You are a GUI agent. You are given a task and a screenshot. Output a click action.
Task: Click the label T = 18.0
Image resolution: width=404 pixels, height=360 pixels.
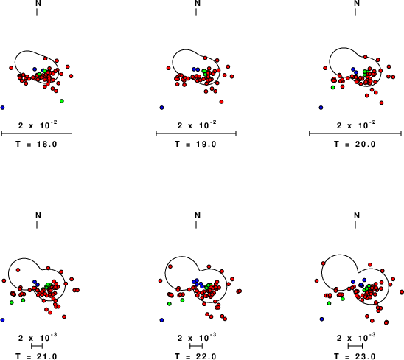click(36, 144)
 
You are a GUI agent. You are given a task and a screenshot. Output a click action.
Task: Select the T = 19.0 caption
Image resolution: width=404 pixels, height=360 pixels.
click(195, 144)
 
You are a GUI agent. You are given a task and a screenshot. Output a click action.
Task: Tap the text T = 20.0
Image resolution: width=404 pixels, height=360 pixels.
click(355, 144)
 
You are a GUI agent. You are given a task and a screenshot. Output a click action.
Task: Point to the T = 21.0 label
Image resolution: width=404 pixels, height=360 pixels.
click(36, 356)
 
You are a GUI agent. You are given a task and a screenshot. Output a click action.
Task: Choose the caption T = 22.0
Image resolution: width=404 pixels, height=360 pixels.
click(195, 356)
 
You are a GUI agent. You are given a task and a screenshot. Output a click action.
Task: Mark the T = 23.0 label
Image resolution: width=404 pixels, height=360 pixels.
click(355, 356)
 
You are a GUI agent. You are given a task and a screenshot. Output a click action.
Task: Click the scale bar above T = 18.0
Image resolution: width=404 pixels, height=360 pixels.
click(37, 134)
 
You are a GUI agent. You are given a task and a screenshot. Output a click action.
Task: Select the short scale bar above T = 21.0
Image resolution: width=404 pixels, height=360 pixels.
click(37, 346)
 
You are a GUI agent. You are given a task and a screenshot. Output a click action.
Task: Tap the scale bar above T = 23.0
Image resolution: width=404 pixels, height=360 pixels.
click(355, 346)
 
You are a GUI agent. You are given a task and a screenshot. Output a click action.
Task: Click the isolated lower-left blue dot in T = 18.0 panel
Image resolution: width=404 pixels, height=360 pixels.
click(2, 108)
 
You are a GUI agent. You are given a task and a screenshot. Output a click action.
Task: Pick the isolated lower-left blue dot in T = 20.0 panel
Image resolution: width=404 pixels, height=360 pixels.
click(321, 108)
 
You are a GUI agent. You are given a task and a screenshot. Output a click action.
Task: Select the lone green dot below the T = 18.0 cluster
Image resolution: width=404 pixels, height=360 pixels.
click(62, 101)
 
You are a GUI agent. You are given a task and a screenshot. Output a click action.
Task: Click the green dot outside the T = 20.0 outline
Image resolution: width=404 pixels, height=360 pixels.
click(333, 88)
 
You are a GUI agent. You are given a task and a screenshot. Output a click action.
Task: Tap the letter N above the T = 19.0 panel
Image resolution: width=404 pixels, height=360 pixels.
click(198, 3)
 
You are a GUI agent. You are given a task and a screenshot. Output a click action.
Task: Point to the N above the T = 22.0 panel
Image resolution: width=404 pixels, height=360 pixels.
click(198, 215)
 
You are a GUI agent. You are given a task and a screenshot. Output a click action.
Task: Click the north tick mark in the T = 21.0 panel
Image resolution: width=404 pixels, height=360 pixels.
click(37, 224)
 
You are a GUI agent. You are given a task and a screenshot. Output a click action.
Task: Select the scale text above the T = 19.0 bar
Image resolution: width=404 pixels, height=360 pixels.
click(197, 125)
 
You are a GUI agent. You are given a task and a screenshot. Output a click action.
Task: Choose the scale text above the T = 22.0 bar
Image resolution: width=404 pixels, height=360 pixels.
click(197, 338)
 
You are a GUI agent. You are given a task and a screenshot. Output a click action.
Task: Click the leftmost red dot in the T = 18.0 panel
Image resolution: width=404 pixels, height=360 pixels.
click(11, 68)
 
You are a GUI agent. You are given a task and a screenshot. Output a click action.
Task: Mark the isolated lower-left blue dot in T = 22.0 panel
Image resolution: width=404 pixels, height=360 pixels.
click(161, 320)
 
